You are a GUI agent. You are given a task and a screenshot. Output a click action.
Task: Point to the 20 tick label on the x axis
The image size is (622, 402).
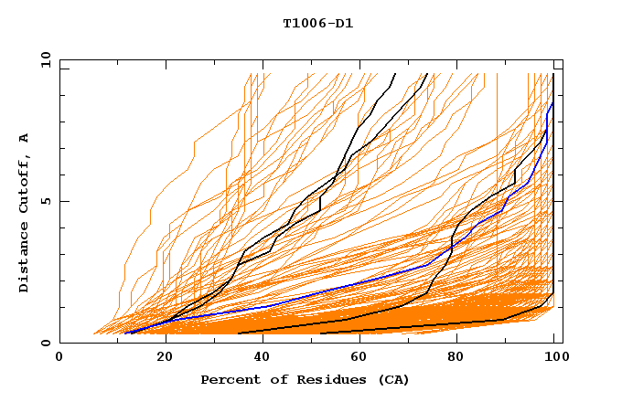[159, 358]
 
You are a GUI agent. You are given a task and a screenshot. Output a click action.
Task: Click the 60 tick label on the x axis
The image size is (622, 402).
[358, 358]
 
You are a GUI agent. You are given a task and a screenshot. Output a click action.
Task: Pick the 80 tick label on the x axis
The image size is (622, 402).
[456, 358]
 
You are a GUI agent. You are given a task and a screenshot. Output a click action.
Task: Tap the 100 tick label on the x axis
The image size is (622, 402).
[552, 358]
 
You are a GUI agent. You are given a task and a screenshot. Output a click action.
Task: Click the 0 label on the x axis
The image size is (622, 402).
[60, 358]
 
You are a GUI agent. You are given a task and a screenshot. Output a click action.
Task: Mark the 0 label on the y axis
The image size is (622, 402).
[46, 344]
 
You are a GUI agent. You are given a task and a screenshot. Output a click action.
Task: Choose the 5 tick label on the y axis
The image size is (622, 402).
[46, 201]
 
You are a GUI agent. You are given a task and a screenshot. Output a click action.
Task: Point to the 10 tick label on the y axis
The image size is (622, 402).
[42, 58]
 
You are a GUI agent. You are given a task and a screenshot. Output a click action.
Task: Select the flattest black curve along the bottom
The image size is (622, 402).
[439, 325]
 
